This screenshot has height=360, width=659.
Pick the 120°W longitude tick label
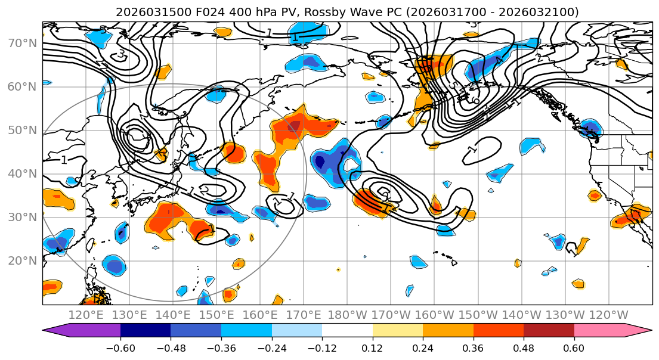(608, 315)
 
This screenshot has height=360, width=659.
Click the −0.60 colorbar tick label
(120, 347)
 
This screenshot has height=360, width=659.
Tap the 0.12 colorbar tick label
(373, 347)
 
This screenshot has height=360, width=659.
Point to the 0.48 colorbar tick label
(524, 347)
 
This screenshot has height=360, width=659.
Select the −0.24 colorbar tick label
(271, 347)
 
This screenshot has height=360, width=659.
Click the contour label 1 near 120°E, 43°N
(64, 160)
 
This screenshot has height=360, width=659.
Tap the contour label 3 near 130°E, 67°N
(121, 54)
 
